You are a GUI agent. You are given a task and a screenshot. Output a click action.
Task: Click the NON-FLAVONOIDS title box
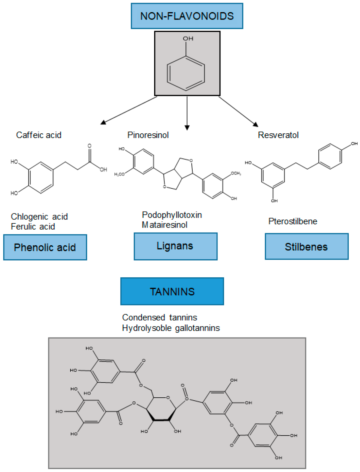187,16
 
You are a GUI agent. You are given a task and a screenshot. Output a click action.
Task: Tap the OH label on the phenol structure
188,39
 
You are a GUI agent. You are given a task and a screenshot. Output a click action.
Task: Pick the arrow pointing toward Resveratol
238,111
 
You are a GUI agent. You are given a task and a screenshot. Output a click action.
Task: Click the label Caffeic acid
39,135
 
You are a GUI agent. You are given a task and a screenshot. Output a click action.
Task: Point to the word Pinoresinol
148,135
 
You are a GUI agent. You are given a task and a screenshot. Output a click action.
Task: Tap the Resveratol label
278,135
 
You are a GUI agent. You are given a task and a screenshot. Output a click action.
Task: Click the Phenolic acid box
45,247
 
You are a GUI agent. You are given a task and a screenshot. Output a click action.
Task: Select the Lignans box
175,246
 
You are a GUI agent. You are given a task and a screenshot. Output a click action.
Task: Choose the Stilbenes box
306,247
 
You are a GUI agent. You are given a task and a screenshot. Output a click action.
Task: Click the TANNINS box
172,292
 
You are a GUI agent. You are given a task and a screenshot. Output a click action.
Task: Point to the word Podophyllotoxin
172,215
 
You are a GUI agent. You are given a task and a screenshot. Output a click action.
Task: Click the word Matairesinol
164,225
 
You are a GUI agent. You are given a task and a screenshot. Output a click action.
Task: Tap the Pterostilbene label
293,221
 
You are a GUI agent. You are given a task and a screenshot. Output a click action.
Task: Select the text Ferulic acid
33,227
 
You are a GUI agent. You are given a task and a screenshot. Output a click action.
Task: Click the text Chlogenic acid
39,217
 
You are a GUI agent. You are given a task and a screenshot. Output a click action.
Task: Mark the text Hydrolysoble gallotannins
171,328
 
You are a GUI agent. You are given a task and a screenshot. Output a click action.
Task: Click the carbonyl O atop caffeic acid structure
89,146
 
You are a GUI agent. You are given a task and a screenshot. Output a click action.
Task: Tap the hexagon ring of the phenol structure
186,73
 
